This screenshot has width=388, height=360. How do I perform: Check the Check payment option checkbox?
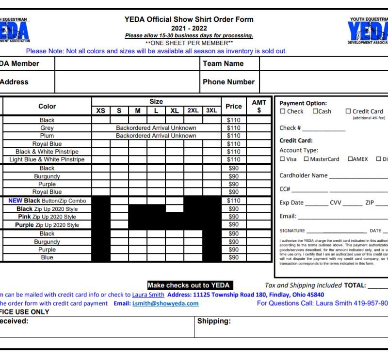[x=283, y=111]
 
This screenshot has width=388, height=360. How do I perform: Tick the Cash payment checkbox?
[x=315, y=111]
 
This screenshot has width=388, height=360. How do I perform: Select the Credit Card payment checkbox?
[x=348, y=111]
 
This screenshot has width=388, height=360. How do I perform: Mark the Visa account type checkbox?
[x=282, y=159]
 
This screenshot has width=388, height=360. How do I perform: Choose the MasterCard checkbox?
[x=307, y=159]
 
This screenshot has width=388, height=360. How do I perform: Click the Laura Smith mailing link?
[x=148, y=295]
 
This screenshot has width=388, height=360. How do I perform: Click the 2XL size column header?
[x=193, y=110]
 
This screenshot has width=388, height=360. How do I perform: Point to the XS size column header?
[x=101, y=110]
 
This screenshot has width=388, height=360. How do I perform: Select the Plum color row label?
[x=47, y=136]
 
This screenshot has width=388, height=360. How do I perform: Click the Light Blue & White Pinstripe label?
[x=47, y=159]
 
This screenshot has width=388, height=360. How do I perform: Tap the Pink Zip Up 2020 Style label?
[x=47, y=217]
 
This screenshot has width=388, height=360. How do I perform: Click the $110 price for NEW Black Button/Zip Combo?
[x=234, y=201]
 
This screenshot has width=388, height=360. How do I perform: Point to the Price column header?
[x=234, y=106]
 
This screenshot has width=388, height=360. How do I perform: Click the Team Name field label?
[x=223, y=63]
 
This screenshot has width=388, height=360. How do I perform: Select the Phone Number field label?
[x=228, y=82]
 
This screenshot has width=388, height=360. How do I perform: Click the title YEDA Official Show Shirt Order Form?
[x=189, y=19]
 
